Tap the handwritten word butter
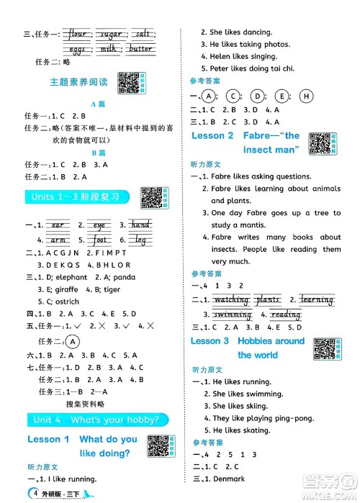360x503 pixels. coord(141,49)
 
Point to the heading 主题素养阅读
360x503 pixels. coord(75,82)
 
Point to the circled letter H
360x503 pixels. coord(306,96)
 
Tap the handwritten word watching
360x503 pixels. coord(232,300)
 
